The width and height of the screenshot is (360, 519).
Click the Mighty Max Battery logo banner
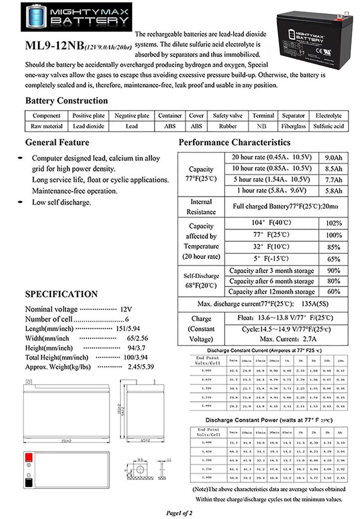(x=76, y=17)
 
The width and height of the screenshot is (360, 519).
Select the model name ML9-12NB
(x=54, y=46)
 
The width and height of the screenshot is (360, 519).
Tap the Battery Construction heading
(x=66, y=101)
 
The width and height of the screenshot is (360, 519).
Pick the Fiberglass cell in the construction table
(x=293, y=126)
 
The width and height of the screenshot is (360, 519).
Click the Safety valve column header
(x=228, y=116)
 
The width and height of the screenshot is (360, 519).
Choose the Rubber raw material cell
(x=228, y=126)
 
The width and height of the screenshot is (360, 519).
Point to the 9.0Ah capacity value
(x=333, y=158)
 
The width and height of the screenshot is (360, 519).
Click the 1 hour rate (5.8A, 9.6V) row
(x=271, y=190)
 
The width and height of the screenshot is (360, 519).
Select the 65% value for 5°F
(x=333, y=259)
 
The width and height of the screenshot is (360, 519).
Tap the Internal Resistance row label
(x=201, y=207)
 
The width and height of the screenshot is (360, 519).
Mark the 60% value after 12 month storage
(x=333, y=292)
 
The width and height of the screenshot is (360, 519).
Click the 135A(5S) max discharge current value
(x=315, y=304)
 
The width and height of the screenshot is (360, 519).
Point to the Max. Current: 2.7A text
(x=288, y=339)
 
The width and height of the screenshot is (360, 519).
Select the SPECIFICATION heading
(x=61, y=294)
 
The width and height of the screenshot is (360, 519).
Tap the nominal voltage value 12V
(x=126, y=309)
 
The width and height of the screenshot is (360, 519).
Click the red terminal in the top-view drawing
(x=29, y=457)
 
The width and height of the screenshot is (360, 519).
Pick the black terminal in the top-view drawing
(x=29, y=483)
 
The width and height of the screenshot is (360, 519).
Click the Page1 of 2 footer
(x=179, y=513)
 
